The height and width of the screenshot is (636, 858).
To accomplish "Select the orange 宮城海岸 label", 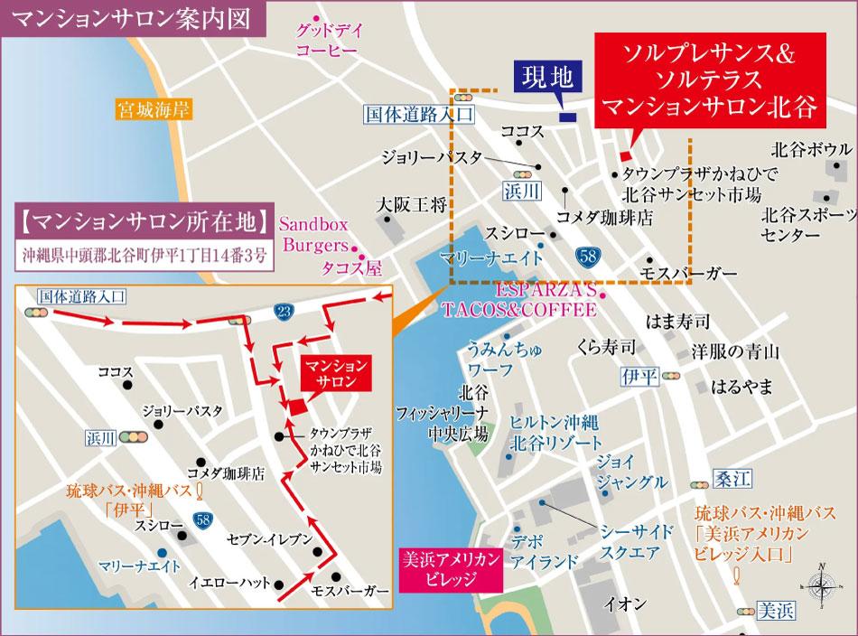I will [x=151, y=111].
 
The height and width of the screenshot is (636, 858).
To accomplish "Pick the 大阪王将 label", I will [x=413, y=204].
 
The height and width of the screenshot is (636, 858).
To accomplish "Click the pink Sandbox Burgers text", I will [x=313, y=233].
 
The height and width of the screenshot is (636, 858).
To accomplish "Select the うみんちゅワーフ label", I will [x=490, y=358].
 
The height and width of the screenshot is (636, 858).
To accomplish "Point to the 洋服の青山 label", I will [x=734, y=351].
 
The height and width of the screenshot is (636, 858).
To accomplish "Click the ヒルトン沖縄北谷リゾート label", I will [x=555, y=434].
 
